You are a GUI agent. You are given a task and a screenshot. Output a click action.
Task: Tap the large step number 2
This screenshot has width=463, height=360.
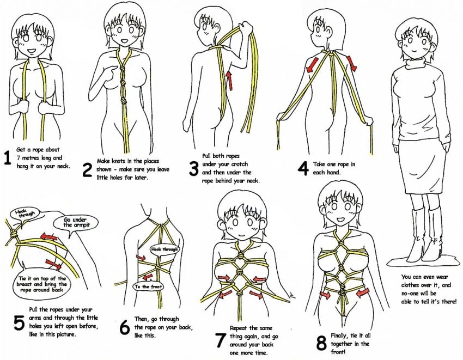(87, 169)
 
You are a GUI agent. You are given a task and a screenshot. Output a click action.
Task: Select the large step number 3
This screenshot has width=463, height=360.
(193, 168)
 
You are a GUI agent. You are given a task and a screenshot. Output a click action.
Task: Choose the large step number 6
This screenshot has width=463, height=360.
(124, 327)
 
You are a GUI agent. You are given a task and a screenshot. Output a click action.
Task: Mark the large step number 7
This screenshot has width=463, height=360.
(220, 340)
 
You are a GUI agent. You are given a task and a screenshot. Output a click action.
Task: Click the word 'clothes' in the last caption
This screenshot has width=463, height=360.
(413, 284)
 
